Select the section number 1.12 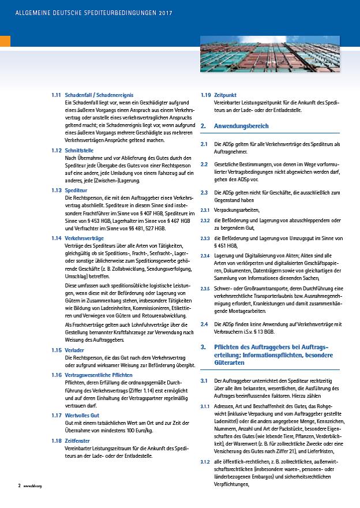pyautogui.click(x=56, y=150)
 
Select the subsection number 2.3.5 pyautogui.click(x=205, y=289)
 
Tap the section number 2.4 pyautogui.click(x=204, y=324)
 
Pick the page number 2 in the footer pyautogui.click(x=18, y=502)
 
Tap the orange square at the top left pyautogui.click(x=5, y=41)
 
